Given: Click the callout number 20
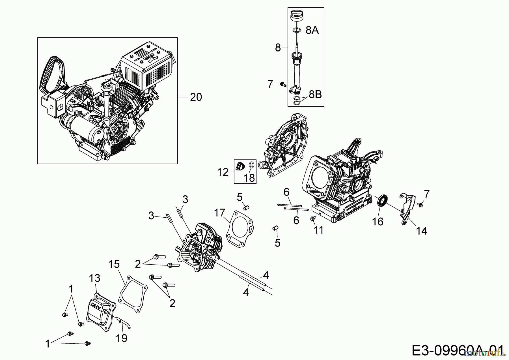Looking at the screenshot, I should [x=196, y=97].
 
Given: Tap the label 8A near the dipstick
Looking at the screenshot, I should [x=312, y=30].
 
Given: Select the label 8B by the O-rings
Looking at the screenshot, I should [x=315, y=95].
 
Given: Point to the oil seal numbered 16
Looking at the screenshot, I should [x=383, y=201].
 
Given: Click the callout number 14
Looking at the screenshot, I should [x=421, y=231].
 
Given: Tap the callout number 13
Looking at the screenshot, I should [x=94, y=278].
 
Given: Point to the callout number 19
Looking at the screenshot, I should [x=122, y=338].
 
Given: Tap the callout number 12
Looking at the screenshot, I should [x=223, y=172].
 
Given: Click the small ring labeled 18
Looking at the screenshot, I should [x=251, y=165].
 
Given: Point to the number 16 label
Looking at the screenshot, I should [x=378, y=222].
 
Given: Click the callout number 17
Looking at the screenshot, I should [x=219, y=213].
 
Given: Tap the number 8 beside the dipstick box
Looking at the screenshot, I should [x=278, y=48].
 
